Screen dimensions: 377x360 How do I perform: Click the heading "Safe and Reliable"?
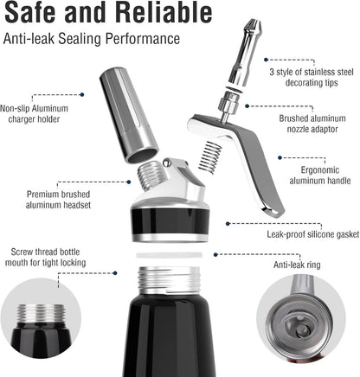108,14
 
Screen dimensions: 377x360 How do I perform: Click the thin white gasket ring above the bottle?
170,256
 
